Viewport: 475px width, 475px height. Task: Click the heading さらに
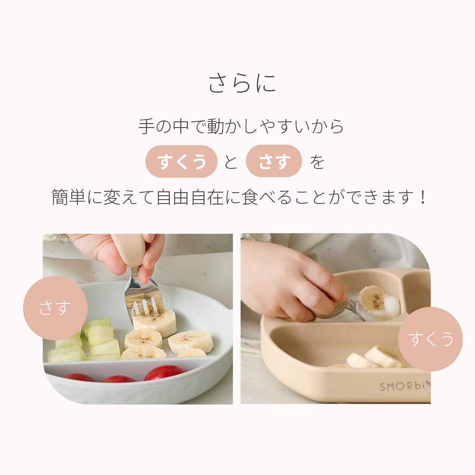click(242, 83)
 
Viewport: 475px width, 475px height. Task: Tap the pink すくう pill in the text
click(182, 161)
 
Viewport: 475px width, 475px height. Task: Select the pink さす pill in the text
click(274, 161)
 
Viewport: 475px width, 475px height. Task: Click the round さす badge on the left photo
click(55, 308)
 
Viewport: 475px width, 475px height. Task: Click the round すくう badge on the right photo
click(430, 339)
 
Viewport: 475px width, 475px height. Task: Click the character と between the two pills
click(231, 162)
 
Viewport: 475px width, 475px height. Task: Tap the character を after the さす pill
click(317, 162)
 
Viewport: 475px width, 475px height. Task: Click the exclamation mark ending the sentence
click(423, 197)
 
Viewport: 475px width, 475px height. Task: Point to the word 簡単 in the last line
click(69, 197)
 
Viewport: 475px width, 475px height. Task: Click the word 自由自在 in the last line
click(190, 197)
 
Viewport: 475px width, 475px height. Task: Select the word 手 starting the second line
click(146, 126)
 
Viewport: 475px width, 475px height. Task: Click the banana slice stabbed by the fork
click(155, 321)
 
